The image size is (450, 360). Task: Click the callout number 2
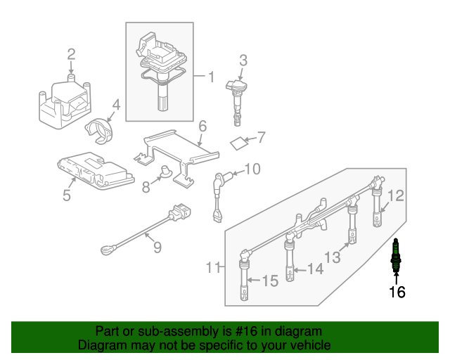pyautogui.click(x=71, y=54)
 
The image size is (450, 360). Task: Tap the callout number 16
pyautogui.click(x=397, y=292)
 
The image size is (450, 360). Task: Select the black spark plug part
pyautogui.click(x=396, y=255)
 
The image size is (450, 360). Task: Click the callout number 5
pyautogui.click(x=67, y=195)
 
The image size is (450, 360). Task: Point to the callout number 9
pyautogui.click(x=157, y=247)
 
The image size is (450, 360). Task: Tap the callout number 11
pyautogui.click(x=213, y=268)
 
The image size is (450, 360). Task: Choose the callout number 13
pyautogui.click(x=333, y=257)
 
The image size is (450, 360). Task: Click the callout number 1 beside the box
pyautogui.click(x=211, y=77)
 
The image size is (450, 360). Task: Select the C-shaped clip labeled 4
pyautogui.click(x=99, y=131)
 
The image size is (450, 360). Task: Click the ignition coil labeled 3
pyautogui.click(x=238, y=103)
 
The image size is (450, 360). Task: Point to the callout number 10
pyautogui.click(x=252, y=169)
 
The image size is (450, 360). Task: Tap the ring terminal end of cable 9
pyautogui.click(x=106, y=250)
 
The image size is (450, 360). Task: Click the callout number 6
pyautogui.click(x=202, y=126)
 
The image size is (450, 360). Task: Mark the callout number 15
pyautogui.click(x=270, y=281)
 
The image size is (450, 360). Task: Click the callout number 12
pyautogui.click(x=396, y=195)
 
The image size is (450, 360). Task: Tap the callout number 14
pyautogui.click(x=316, y=269)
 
